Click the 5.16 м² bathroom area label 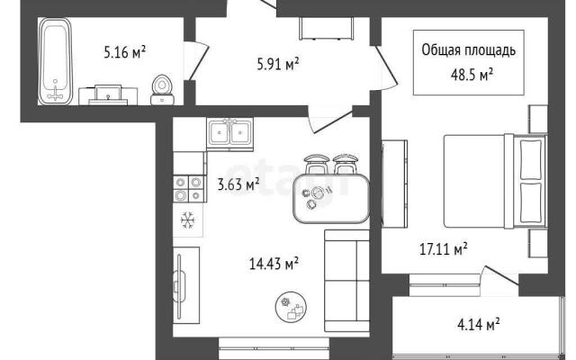(125, 52)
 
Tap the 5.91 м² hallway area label (278, 64)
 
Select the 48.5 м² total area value (472, 75)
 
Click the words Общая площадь (468, 50)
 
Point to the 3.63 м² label (238, 184)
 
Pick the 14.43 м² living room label (274, 263)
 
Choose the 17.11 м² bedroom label (444, 248)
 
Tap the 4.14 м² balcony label (478, 324)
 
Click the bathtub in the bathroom (55, 61)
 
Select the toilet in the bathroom (162, 90)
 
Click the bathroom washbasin (108, 95)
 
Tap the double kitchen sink (230, 133)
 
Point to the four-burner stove (188, 188)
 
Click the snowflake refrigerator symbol (188, 220)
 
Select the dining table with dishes (331, 198)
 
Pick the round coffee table (292, 306)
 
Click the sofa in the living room (346, 281)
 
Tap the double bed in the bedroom (495, 181)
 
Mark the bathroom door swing (198, 60)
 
